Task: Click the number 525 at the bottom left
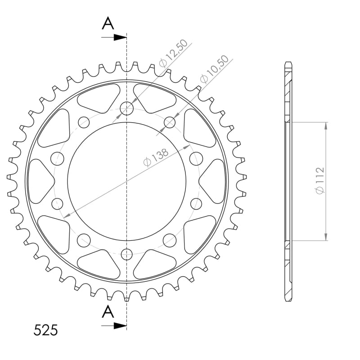pos(46,330)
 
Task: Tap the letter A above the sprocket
pos(108,24)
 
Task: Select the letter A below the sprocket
pos(108,311)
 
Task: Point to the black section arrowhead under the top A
pos(120,37)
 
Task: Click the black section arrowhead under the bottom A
pos(120,325)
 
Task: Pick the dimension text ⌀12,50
pos(173,53)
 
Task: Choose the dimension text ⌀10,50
pos(215,69)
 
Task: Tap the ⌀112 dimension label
pos(319,180)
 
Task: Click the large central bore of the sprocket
pos(127,181)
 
